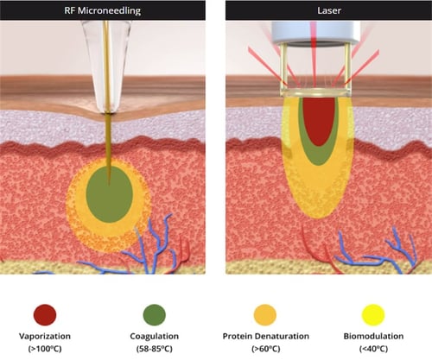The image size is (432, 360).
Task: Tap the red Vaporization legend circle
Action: coord(45,313)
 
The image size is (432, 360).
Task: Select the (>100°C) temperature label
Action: coord(45,351)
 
